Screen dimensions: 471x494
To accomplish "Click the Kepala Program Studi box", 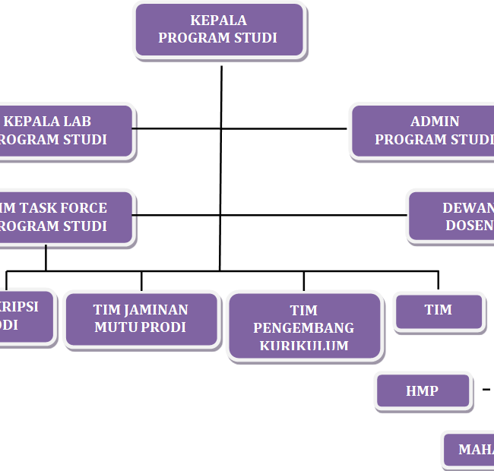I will [219, 30].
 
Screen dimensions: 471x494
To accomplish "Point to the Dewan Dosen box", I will [453, 217].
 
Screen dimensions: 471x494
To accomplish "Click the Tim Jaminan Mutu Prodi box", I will [141, 319].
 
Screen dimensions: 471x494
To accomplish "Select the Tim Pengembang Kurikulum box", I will [304, 327].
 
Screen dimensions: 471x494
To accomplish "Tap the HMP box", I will [422, 391].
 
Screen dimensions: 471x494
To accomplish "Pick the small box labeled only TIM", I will [439, 311].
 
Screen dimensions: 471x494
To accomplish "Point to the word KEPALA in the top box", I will [218, 21].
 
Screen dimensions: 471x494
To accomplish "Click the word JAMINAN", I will [159, 310].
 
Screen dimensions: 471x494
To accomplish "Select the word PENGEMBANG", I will [304, 328].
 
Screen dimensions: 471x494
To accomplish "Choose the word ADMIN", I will [435, 122].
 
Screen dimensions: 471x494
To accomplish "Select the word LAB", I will [77, 122].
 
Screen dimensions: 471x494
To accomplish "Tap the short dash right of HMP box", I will [486, 390].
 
